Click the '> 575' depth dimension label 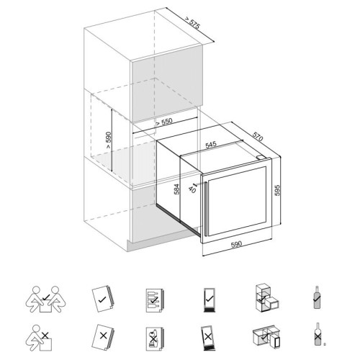(192, 23)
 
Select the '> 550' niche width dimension (164, 122)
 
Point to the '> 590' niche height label (109, 140)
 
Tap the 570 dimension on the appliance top (258, 136)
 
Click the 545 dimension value (211, 145)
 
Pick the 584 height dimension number (176, 189)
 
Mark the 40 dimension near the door (192, 189)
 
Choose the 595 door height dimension (277, 190)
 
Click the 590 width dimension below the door (236, 244)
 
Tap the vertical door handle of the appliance (206, 209)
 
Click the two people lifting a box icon (45, 299)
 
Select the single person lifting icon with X (39, 338)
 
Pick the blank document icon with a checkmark (102, 299)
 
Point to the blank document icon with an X (103, 338)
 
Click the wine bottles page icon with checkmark (155, 300)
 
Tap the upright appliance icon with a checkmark (209, 300)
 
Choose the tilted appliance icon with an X (207, 338)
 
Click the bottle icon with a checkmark (318, 297)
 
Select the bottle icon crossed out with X (318, 334)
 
